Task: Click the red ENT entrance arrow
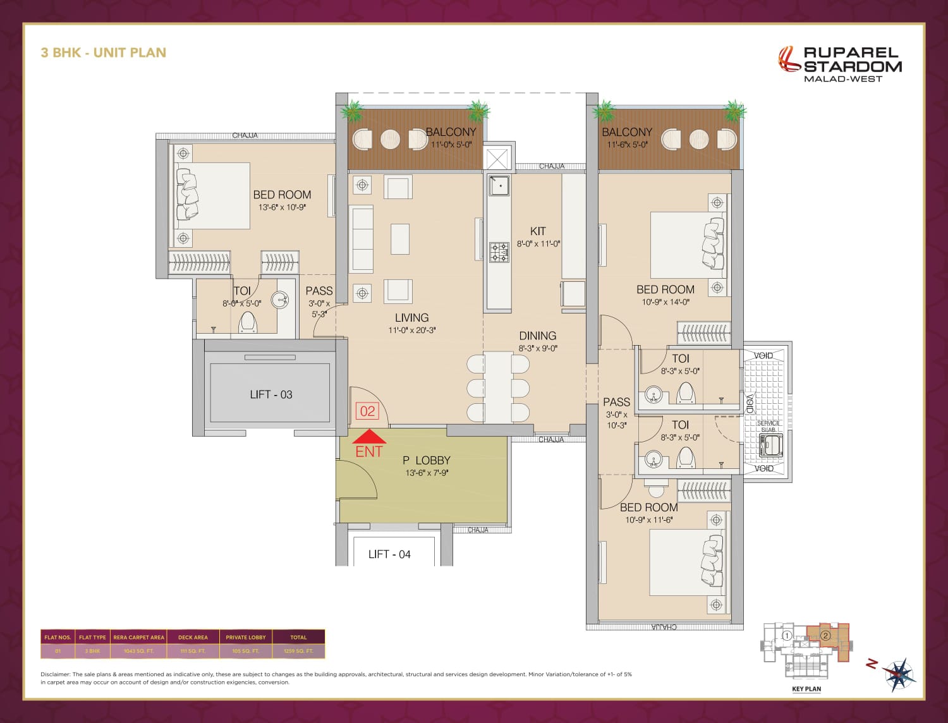click(369, 437)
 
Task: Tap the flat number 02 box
click(367, 411)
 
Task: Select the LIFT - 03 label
click(271, 394)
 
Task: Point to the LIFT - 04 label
click(389, 554)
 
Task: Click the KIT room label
click(538, 231)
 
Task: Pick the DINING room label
click(538, 336)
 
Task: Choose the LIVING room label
click(411, 318)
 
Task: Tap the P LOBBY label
click(427, 461)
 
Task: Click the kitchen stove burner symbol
click(499, 252)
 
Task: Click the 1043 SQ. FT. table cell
click(138, 651)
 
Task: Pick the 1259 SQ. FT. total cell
click(298, 651)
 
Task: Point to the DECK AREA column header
click(193, 637)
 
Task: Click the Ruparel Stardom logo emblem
click(788, 59)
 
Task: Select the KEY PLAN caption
click(806, 689)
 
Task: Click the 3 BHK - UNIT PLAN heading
click(104, 52)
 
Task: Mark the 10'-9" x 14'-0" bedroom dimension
click(665, 302)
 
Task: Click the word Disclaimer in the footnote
click(56, 674)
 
